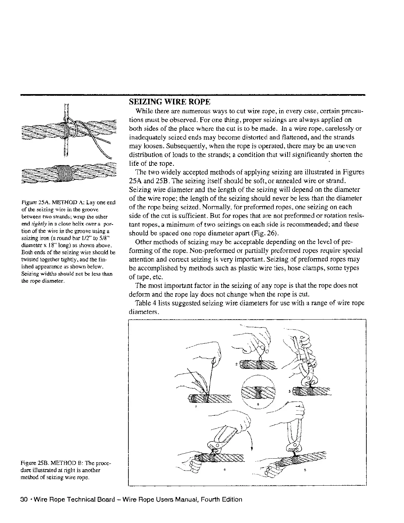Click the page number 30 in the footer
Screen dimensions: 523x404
[23, 500]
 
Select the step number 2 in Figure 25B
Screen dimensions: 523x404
[237, 365]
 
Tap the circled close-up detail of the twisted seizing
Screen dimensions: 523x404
[258, 392]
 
